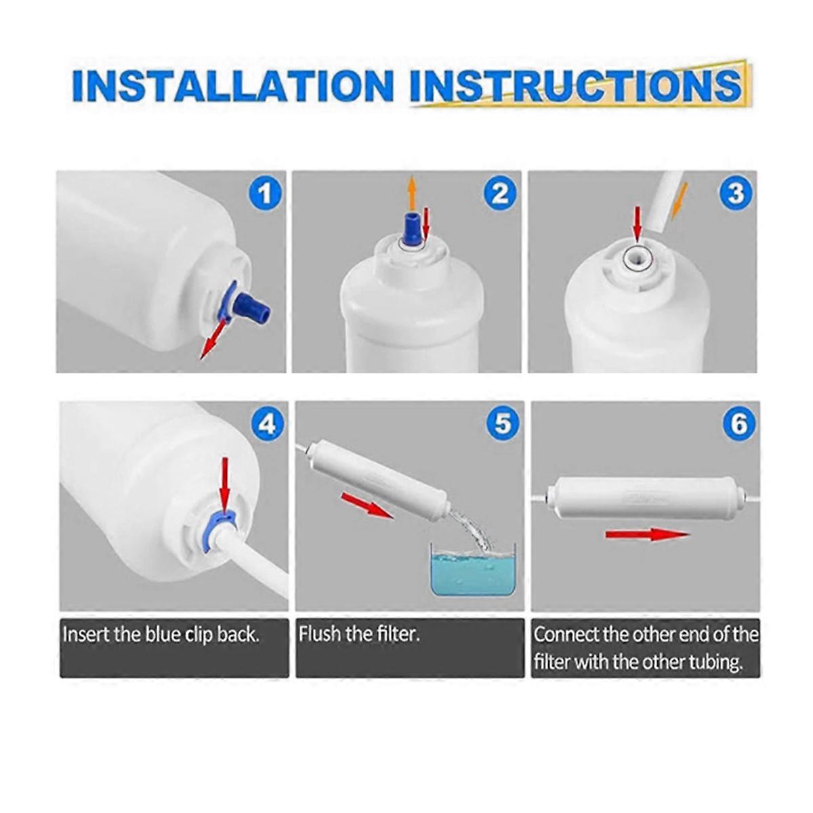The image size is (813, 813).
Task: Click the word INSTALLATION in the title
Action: point(233,87)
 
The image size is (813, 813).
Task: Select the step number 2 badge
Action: point(500,194)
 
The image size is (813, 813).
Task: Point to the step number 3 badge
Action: point(736,194)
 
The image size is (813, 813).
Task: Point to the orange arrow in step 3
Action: point(679,201)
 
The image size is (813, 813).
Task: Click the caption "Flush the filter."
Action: point(360,634)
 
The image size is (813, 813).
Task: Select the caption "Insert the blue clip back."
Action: point(161,635)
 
